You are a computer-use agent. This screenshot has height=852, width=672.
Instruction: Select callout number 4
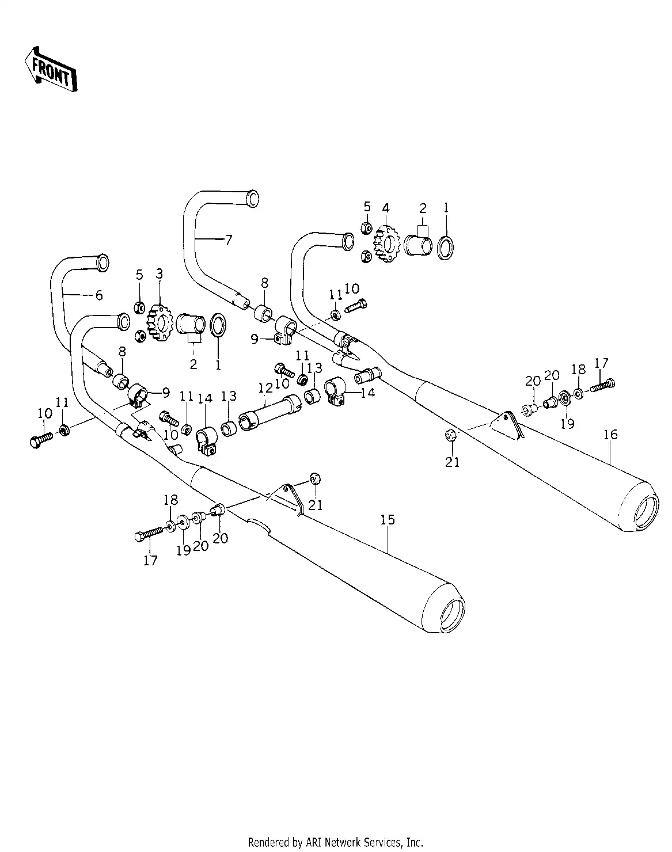pos(385,207)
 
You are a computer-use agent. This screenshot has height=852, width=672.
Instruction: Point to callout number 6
pos(99,295)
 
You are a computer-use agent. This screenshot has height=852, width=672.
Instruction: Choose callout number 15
pos(388,520)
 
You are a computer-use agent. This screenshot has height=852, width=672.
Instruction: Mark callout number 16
pos(610,434)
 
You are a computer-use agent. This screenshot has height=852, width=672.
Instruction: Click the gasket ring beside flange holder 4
pos(445,247)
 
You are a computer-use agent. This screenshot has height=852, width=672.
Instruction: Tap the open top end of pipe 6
pos(102,261)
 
